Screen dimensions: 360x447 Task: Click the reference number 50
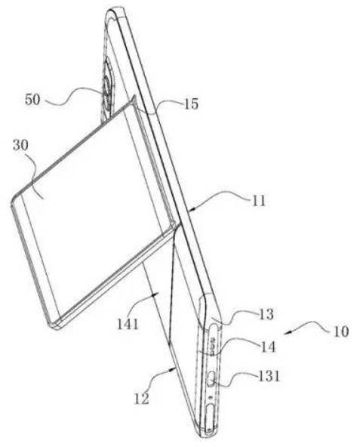coord(32,100)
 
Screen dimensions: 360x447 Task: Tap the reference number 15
coord(191,104)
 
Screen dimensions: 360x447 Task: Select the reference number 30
coord(21,146)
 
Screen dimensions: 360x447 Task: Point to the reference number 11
coord(259,202)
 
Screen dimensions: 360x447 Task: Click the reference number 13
coord(266,314)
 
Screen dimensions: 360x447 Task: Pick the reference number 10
coord(341,331)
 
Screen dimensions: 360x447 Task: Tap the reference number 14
coord(268,347)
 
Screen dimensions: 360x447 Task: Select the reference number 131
coord(269,376)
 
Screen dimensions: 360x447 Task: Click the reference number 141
coord(128,325)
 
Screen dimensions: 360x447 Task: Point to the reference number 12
coord(142,398)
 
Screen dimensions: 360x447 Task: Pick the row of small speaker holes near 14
coord(212,346)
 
